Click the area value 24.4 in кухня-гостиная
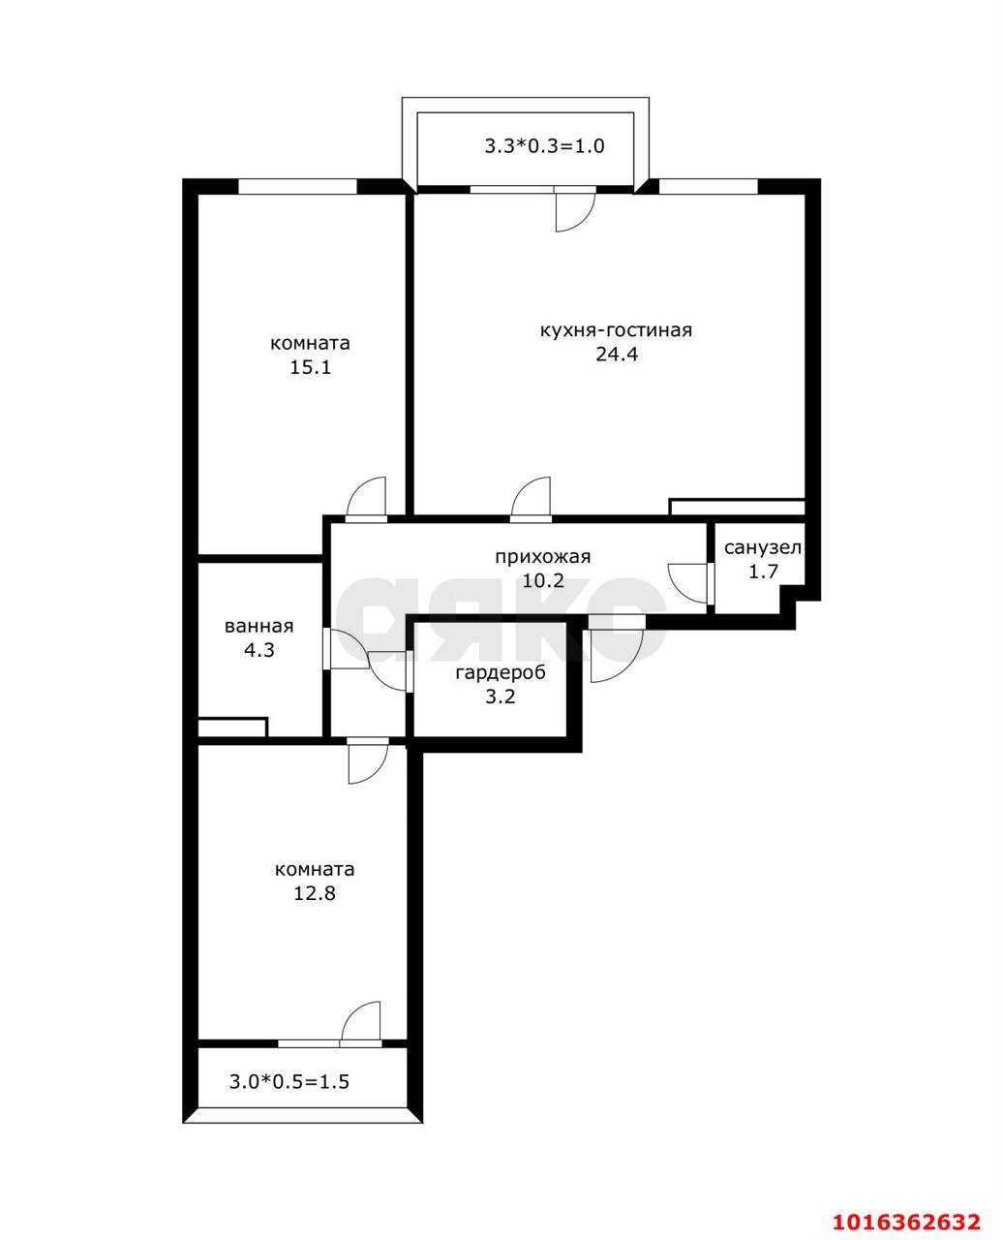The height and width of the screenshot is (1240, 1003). (617, 355)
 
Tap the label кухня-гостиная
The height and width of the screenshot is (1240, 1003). (617, 330)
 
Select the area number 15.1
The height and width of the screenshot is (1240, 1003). (310, 367)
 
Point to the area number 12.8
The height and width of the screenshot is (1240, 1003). (315, 893)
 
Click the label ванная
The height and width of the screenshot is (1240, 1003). (258, 627)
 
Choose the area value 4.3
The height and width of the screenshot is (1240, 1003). (258, 650)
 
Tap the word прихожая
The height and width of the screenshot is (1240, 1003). (542, 557)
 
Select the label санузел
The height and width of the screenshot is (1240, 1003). (762, 547)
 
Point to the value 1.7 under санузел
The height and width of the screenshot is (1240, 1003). (762, 572)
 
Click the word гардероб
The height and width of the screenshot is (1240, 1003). (501, 672)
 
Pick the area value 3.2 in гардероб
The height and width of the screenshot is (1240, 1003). (501, 696)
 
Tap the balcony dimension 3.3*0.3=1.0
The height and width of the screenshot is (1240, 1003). (544, 146)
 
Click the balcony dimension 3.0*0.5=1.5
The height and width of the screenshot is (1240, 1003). (289, 1081)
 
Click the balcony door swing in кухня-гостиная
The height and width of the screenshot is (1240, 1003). (573, 212)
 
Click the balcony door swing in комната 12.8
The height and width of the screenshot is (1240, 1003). (360, 1021)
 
